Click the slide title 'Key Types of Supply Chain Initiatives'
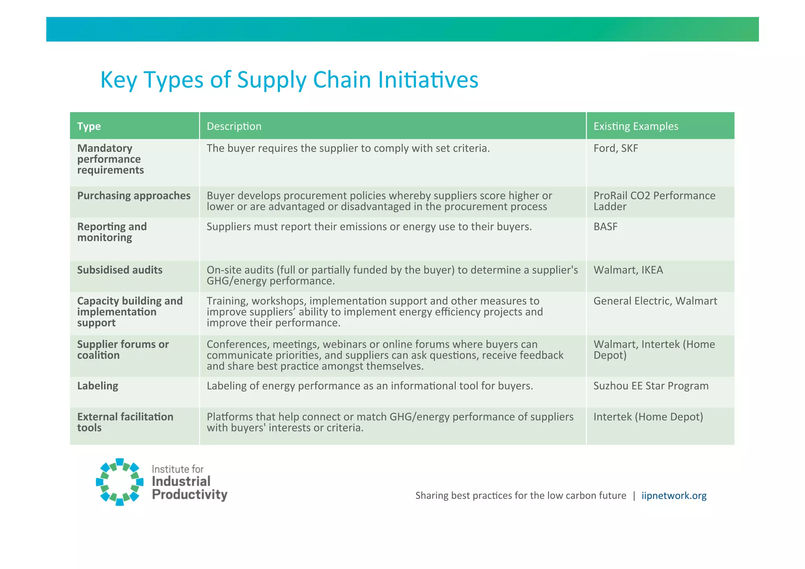coord(289,80)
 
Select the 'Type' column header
coord(89,126)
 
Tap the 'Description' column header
coord(234,126)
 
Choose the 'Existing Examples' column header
coord(636,126)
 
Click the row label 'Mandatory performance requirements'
coord(110,159)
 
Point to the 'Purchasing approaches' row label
coord(134,196)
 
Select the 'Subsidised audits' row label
coord(119,270)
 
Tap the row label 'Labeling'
coord(97,386)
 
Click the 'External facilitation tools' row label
coord(125,422)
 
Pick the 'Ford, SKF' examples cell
coord(616,148)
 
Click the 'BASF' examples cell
coord(605,227)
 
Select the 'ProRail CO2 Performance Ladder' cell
coord(654,201)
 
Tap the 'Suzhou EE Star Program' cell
coord(651,386)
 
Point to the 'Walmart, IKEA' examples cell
coord(628,270)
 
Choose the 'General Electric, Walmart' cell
coord(655,301)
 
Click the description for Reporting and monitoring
coord(369,227)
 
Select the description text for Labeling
coord(369,386)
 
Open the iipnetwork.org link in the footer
coord(674,495)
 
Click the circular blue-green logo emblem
coord(120,482)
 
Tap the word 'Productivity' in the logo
coord(189,495)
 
